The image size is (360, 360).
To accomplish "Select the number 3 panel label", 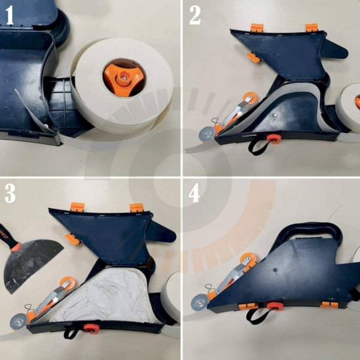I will pos(10,194).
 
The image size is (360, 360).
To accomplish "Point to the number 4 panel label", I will pos(195,194).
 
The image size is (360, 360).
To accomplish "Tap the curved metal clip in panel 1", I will pos(32,111).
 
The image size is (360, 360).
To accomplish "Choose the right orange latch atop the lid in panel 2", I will pos(312,27).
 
